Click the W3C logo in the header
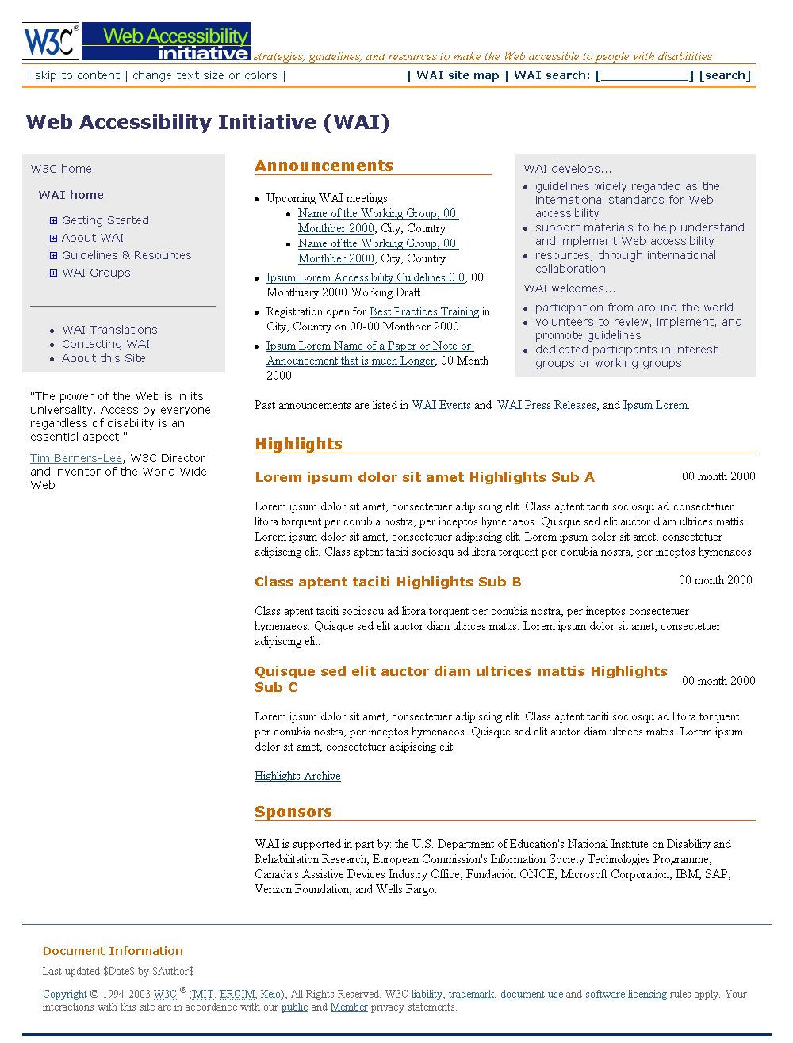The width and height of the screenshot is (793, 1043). pos(51,41)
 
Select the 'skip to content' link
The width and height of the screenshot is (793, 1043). pos(77,75)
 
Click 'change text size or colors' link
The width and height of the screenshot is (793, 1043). pos(205,75)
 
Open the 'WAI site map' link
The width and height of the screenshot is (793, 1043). pos(458,75)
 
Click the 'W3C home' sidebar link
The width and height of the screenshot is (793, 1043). pos(61,169)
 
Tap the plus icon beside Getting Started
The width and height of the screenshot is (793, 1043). pos(53,220)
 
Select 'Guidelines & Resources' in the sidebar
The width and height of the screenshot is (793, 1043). pos(127,255)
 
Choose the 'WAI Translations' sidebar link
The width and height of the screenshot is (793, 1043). pos(109,330)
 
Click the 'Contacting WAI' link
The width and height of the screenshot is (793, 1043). pos(105,344)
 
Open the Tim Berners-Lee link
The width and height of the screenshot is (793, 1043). pos(76,458)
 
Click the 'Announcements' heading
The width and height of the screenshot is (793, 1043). pos(324,166)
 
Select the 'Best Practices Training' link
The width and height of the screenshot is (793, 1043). pos(424,311)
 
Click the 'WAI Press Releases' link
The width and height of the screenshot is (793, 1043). pos(546,405)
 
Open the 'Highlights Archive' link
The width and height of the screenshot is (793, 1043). pos(297,776)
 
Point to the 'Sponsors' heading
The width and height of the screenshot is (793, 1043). pos(293,812)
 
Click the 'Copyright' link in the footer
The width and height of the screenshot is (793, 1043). pos(65,994)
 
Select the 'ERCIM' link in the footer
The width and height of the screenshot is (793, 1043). pos(237,994)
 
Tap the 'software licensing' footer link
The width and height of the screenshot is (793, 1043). pos(626,994)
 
